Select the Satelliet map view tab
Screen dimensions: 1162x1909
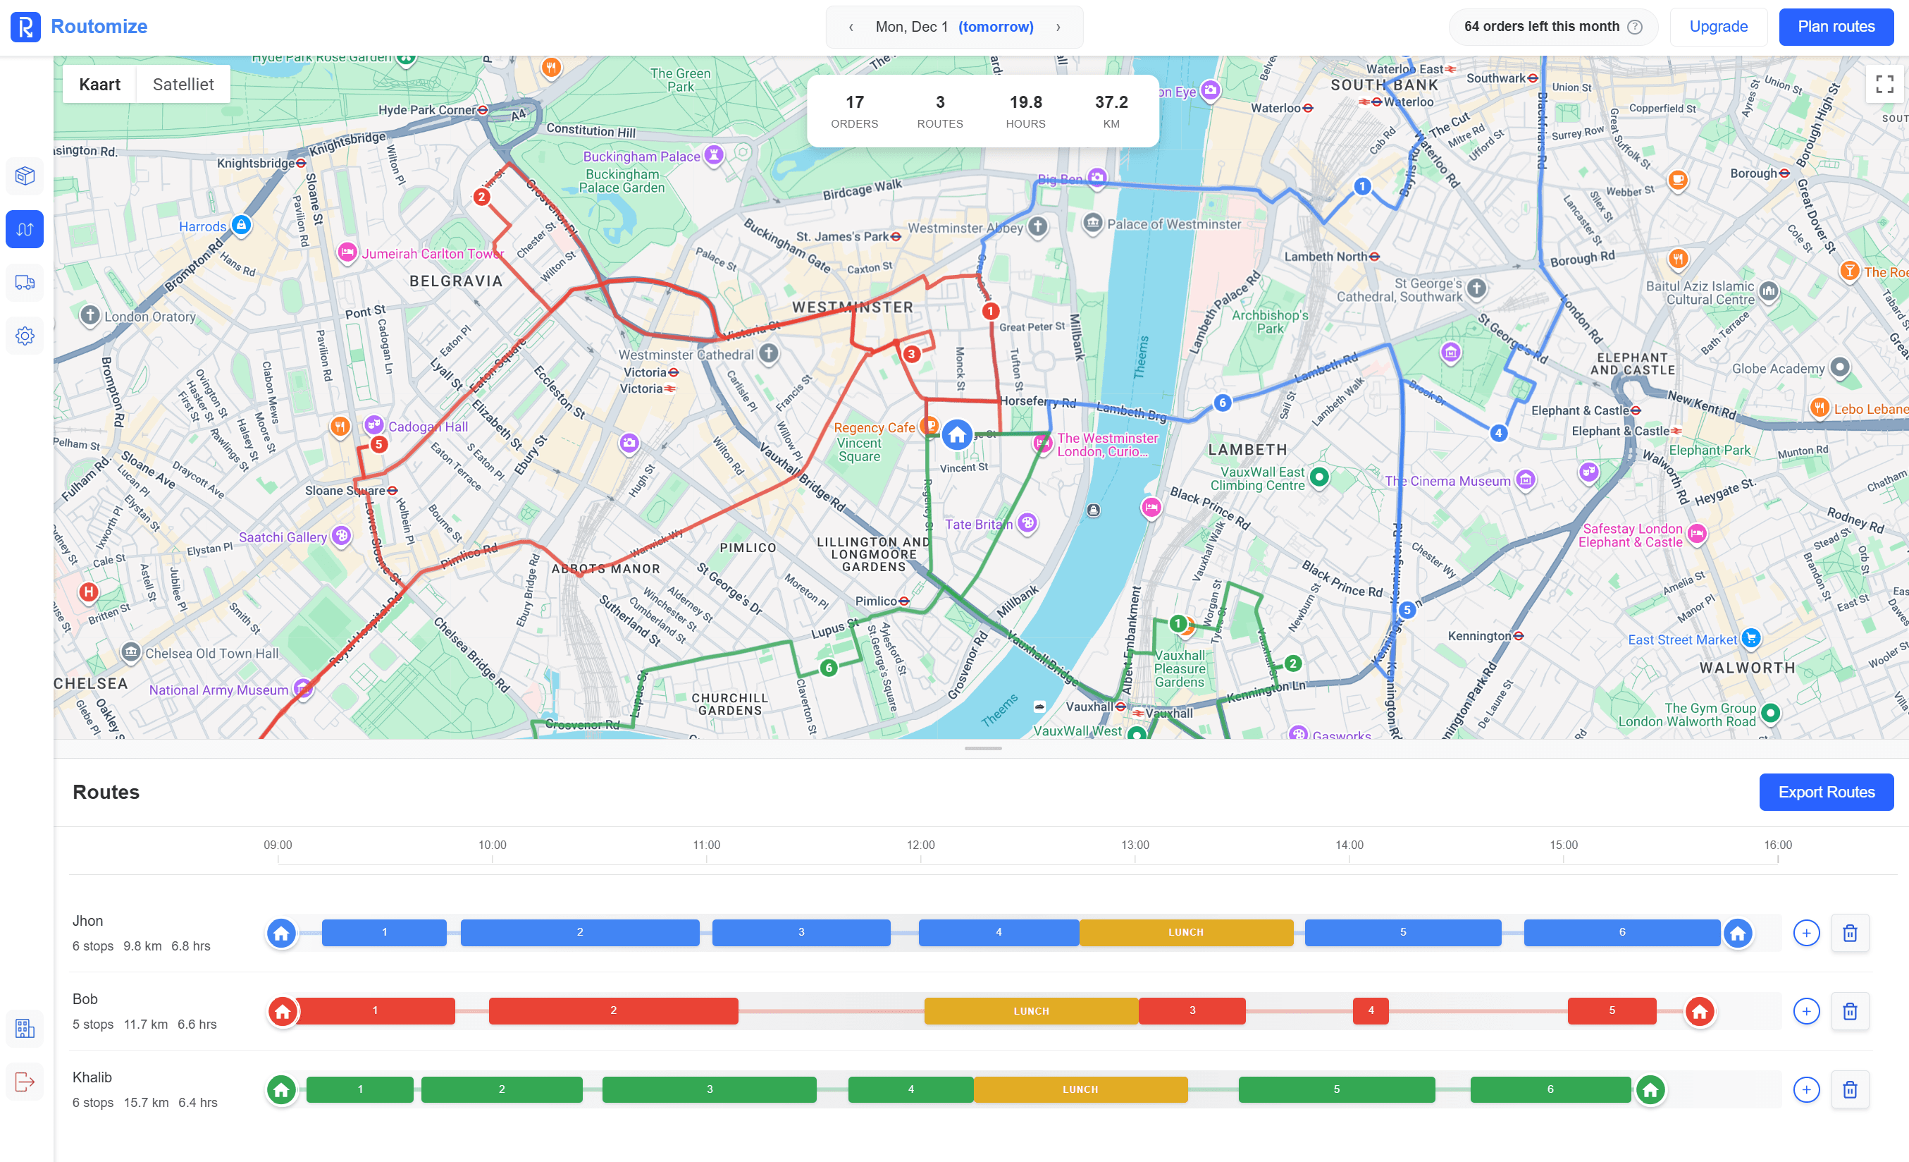point(183,85)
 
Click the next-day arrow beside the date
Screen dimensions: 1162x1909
point(1058,27)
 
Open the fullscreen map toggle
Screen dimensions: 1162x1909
point(1884,84)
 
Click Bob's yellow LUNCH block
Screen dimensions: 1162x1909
point(1030,1011)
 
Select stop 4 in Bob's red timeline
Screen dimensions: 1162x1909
point(1370,1010)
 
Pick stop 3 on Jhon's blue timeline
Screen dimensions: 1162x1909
point(801,931)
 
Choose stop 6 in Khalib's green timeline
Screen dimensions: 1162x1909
point(1550,1089)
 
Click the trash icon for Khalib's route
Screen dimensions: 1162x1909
point(1849,1089)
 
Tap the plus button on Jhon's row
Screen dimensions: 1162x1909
point(1806,933)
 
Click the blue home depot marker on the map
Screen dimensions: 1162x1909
point(957,435)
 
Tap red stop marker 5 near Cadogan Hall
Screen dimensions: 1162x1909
point(379,444)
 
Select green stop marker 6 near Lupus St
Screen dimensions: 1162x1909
point(828,668)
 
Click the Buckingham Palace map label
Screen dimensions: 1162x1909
point(641,157)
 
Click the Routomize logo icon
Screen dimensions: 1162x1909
point(25,27)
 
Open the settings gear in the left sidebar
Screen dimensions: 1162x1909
point(25,336)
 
